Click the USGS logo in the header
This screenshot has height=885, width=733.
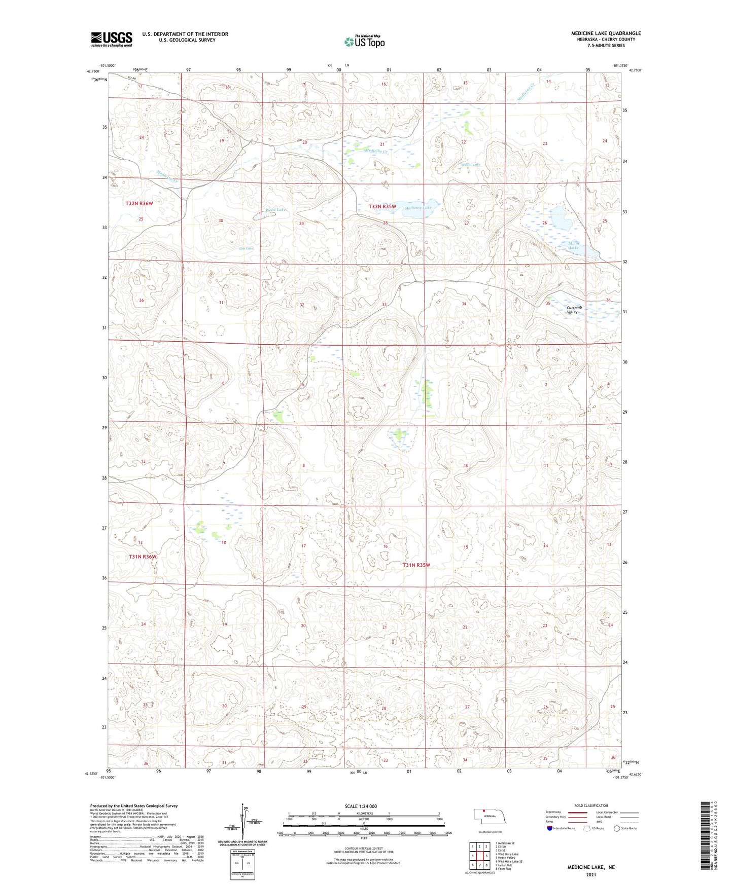pyautogui.click(x=111, y=39)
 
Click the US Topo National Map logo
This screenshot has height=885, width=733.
pyautogui.click(x=364, y=42)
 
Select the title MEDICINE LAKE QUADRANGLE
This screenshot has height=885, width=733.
pyautogui.click(x=606, y=33)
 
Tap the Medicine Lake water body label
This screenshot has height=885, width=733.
pyautogui.click(x=418, y=208)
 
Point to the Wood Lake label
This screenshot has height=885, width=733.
pyautogui.click(x=276, y=209)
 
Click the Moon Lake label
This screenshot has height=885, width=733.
pyautogui.click(x=574, y=245)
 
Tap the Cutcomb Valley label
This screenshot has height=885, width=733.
pyautogui.click(x=574, y=310)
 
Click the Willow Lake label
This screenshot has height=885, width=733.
pyautogui.click(x=470, y=164)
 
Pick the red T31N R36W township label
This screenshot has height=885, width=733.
pyautogui.click(x=143, y=557)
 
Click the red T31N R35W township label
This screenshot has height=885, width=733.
pyautogui.click(x=416, y=565)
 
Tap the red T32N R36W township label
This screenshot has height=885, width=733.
pyautogui.click(x=139, y=203)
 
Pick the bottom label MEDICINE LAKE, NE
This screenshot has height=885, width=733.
pyautogui.click(x=590, y=867)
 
